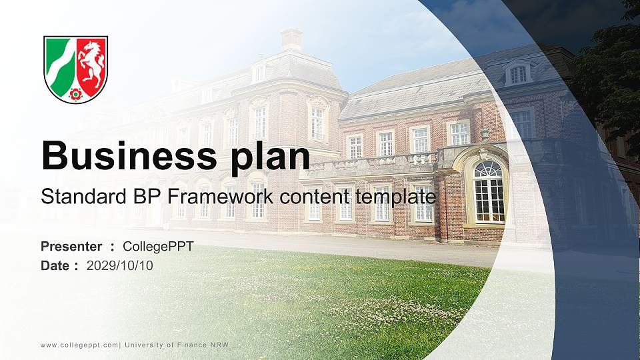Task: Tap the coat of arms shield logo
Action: [75, 69]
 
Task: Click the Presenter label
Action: [71, 247]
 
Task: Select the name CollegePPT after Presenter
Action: [158, 247]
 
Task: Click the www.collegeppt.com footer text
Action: [79, 345]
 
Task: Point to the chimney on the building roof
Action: [291, 39]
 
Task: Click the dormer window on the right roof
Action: [518, 73]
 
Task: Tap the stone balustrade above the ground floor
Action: [373, 162]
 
